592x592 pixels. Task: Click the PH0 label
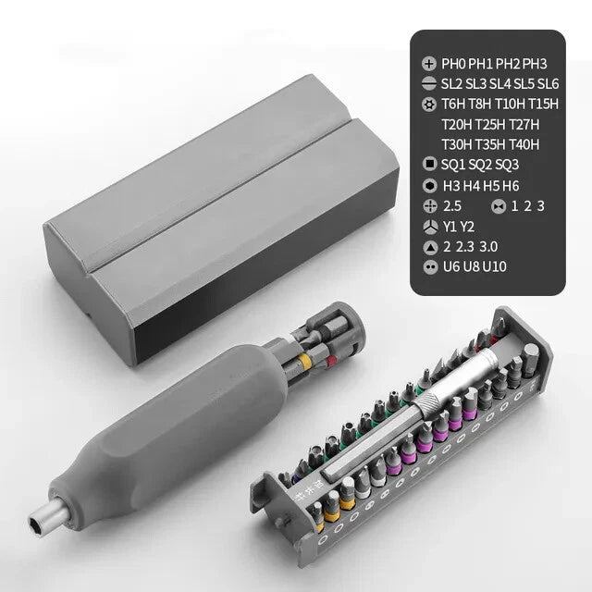(x=455, y=64)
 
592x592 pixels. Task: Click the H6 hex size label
(x=512, y=185)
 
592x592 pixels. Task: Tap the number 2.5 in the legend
(x=452, y=205)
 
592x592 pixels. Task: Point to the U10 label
(x=495, y=266)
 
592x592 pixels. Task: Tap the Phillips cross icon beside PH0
(x=428, y=64)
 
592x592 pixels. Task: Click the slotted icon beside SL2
(x=428, y=84)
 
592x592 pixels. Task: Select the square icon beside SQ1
(x=428, y=165)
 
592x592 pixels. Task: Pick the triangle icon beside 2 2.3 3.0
(x=428, y=246)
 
